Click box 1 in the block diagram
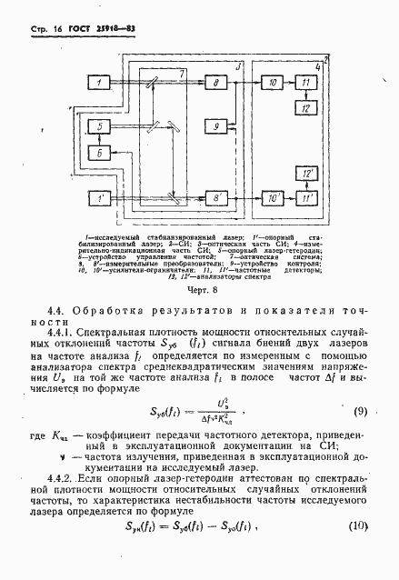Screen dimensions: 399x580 pyautogui.click(x=98, y=84)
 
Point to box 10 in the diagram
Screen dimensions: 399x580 pyautogui.click(x=273, y=84)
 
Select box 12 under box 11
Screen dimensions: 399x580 pyautogui.click(x=307, y=109)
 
